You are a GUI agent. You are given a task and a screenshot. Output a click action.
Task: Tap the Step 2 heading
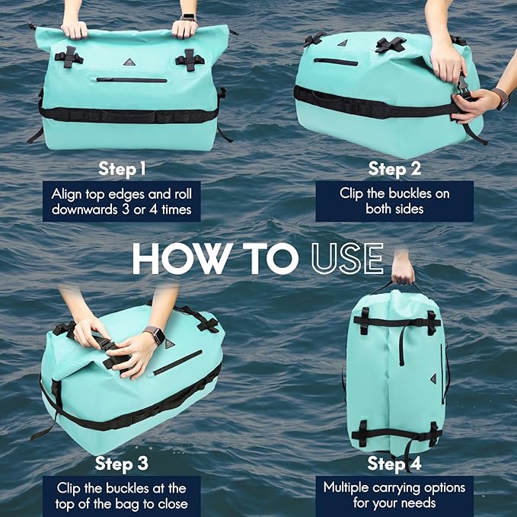click(x=394, y=168)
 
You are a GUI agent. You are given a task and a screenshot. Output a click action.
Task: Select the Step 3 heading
click(x=122, y=463)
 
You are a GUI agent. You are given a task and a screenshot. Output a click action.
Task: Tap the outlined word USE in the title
click(x=346, y=259)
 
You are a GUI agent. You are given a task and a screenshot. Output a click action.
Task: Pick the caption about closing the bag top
click(x=122, y=495)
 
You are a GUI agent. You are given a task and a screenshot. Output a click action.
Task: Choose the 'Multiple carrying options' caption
click(x=394, y=495)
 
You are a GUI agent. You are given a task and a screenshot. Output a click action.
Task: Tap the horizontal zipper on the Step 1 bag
click(x=131, y=79)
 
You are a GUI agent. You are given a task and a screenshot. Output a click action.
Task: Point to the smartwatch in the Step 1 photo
click(x=188, y=18)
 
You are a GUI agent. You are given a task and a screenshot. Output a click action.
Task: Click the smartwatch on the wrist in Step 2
click(x=500, y=97)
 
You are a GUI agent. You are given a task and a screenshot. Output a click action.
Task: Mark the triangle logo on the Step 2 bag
click(x=342, y=43)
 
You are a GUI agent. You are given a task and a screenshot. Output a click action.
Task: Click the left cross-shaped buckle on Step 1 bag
click(x=69, y=56)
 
